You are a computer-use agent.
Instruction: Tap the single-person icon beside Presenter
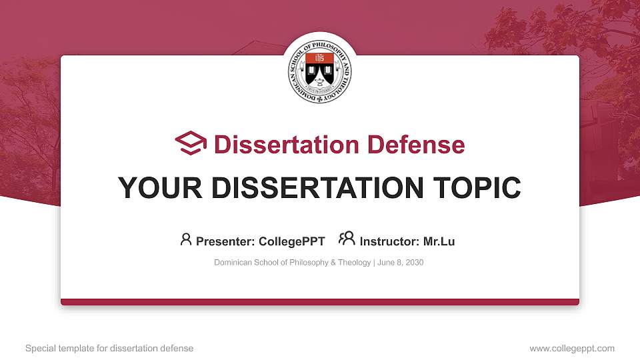pos(186,239)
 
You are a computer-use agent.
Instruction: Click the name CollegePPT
pos(291,241)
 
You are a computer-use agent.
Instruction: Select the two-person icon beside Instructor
pos(347,239)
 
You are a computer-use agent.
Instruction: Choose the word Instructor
pos(389,241)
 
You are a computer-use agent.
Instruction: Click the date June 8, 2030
pos(401,263)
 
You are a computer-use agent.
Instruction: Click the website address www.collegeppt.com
pos(572,348)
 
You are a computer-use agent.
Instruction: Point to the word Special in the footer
pos(39,348)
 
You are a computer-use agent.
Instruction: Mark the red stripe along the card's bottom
pos(320,302)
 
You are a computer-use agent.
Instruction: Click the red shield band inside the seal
pos(320,59)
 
